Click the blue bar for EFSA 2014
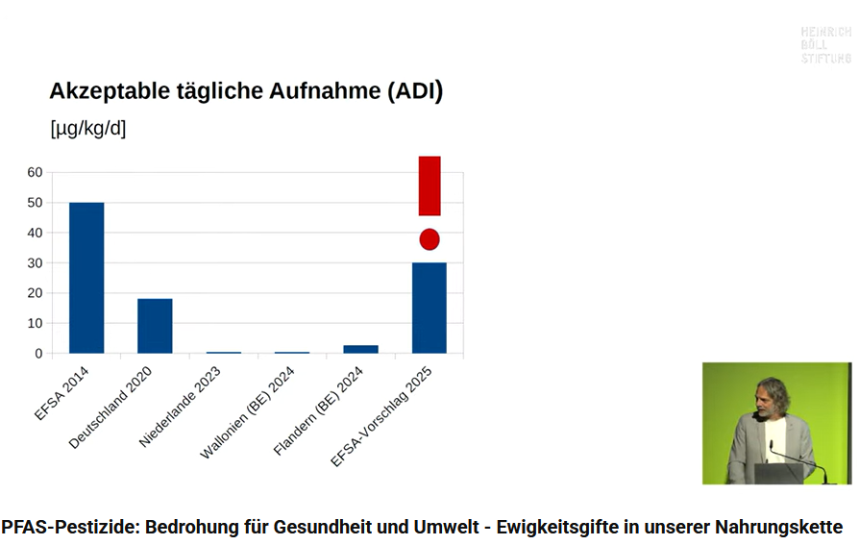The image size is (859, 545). [86, 278]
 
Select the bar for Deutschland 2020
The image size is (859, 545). [155, 326]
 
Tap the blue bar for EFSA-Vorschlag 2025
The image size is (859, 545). [429, 308]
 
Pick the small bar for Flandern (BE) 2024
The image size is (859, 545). [360, 349]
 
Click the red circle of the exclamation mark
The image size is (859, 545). [429, 239]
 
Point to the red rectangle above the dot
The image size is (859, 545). [429, 186]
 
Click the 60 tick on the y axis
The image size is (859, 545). [35, 172]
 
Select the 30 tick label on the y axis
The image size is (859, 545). [35, 262]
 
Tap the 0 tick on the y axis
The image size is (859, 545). [38, 354]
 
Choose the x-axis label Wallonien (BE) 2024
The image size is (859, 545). [247, 413]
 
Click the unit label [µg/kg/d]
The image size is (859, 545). [87, 129]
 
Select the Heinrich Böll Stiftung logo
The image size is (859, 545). [825, 45]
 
